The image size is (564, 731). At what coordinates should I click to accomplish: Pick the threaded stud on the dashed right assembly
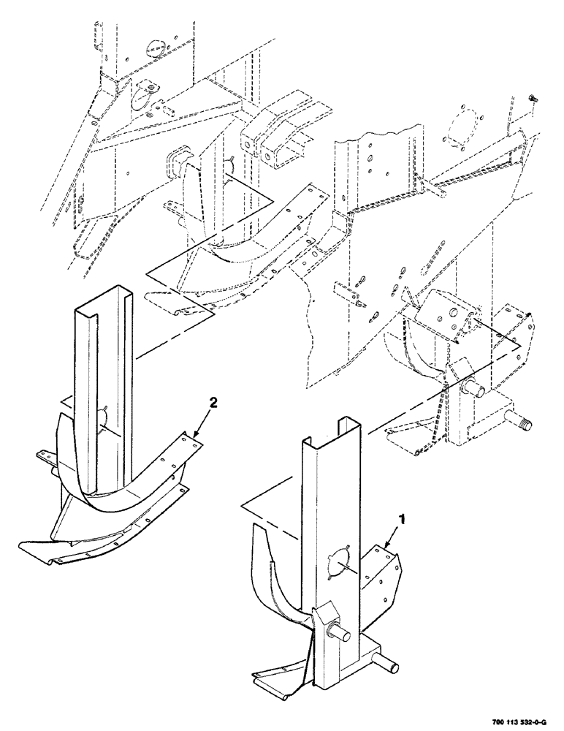coord(522,423)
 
